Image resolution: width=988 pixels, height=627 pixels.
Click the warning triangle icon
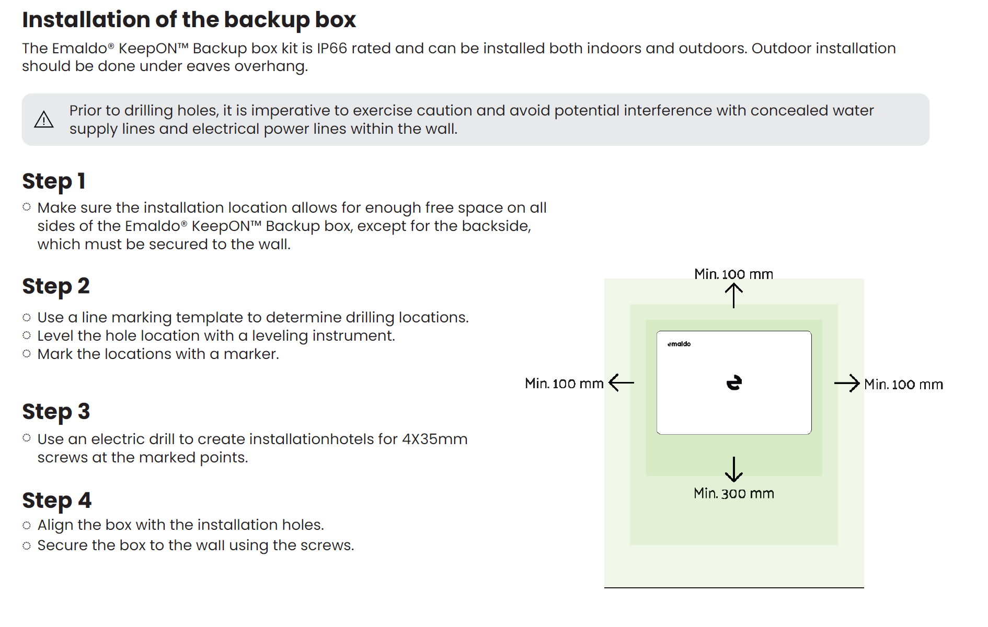(44, 120)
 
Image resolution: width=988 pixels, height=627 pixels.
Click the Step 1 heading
(53, 181)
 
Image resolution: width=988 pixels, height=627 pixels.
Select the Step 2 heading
(56, 286)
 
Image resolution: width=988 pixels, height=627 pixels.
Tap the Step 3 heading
(56, 412)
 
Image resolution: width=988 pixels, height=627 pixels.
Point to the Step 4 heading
(56, 501)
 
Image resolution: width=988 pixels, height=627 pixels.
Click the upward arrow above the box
(734, 295)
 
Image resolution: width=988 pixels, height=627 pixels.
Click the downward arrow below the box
(734, 469)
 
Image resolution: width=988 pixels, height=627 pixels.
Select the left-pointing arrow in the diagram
(622, 382)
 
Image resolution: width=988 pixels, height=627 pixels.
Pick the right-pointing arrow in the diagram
(847, 384)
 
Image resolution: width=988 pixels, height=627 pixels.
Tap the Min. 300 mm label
(734, 493)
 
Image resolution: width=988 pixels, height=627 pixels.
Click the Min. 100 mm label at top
(733, 274)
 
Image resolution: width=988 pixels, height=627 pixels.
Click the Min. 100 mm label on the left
(564, 384)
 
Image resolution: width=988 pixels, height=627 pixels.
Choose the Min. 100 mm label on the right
(903, 385)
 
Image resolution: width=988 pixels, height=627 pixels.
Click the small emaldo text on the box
(679, 344)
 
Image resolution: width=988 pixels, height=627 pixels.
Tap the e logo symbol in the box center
(734, 383)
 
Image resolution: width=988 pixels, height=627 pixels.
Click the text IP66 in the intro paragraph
(332, 48)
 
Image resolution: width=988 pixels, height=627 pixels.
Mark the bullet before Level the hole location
(27, 335)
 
